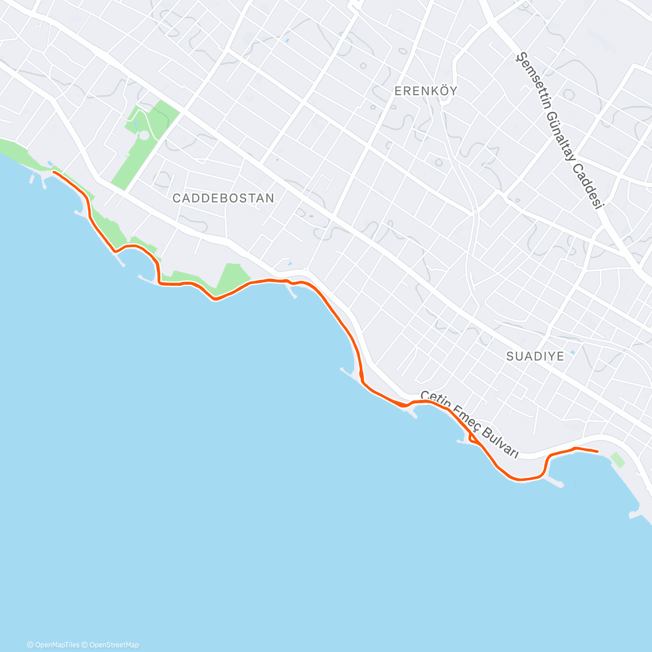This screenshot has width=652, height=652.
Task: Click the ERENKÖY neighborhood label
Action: coord(425,91)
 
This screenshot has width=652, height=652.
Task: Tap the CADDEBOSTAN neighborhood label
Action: coord(223,198)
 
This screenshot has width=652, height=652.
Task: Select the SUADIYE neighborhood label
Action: coord(535,356)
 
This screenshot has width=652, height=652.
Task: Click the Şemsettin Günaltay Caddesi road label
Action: coord(560,130)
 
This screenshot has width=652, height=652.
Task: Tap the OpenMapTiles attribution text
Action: coord(57,645)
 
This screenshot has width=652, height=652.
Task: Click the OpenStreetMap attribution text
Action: coord(114,645)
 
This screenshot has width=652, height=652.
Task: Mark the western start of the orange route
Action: coord(54,172)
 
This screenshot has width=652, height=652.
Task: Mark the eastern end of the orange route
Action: coord(597,452)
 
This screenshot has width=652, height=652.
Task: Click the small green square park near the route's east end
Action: coord(618,460)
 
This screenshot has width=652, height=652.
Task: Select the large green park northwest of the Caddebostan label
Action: coord(144,141)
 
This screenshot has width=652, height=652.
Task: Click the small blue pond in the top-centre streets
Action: coord(286,40)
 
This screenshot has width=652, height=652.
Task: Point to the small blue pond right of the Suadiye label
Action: coord(572,353)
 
